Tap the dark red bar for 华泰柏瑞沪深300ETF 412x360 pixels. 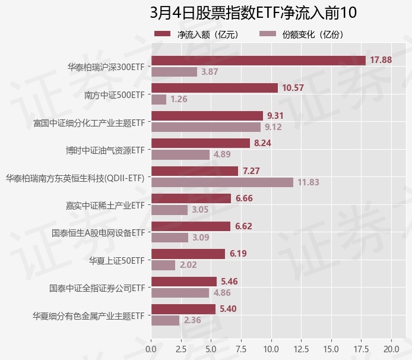258,60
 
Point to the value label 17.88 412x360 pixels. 381,60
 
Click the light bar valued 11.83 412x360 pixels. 222,182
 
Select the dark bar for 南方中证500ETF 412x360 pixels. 214,88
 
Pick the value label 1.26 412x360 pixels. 179,99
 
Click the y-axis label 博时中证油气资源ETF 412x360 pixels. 106,149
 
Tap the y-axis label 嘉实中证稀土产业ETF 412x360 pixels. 106,206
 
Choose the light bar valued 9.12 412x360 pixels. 205,127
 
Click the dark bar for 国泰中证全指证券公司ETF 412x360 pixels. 184,282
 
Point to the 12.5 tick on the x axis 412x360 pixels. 302,347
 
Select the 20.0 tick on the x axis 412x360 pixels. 391,347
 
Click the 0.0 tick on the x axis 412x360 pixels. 151,347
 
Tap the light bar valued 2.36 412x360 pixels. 165,320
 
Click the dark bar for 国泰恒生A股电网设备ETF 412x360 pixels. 191,226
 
